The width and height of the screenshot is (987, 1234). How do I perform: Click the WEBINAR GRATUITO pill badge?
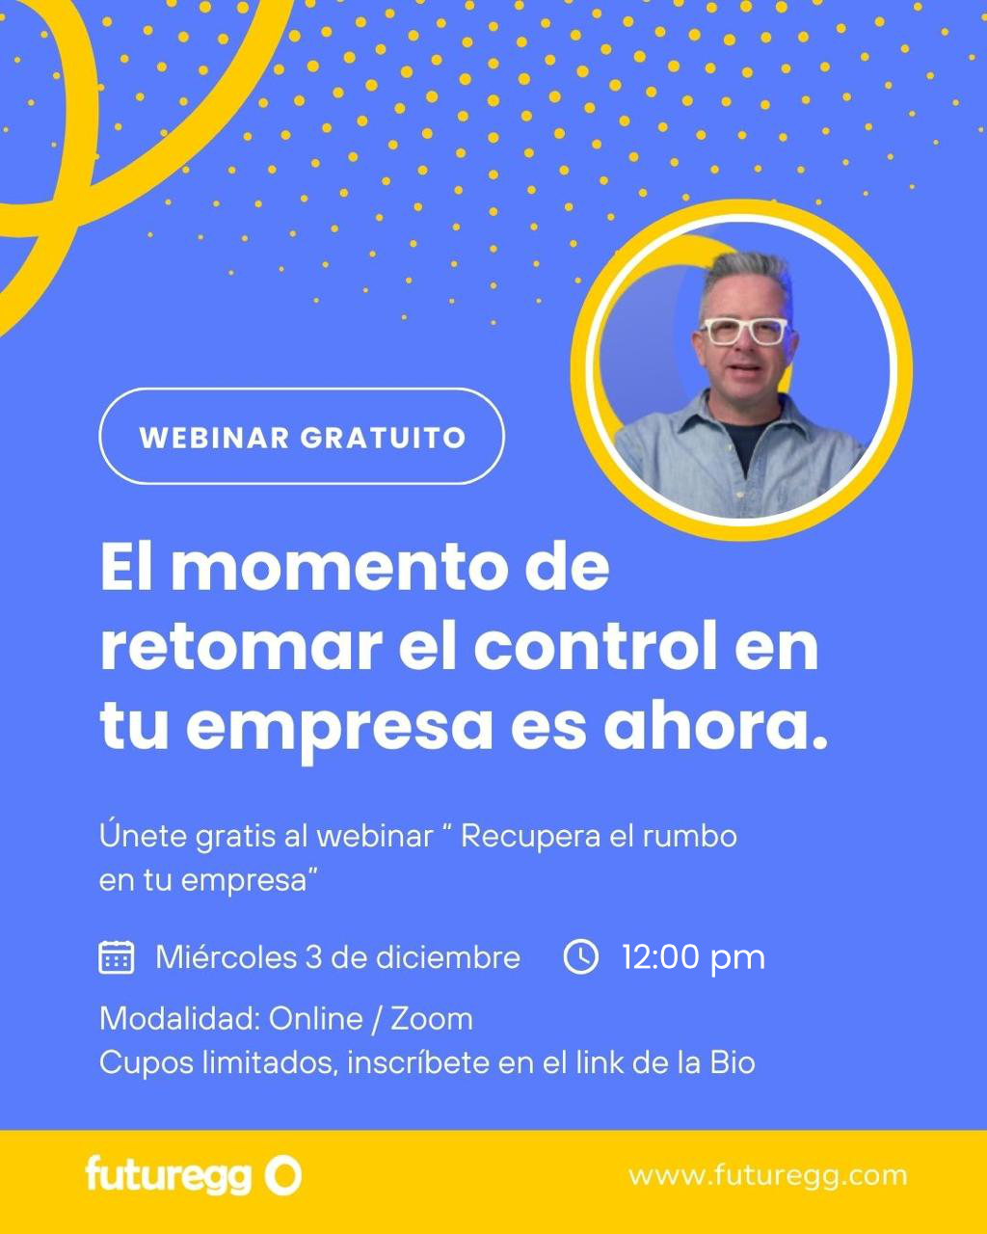coord(302,437)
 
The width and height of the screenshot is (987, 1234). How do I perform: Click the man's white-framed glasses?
coord(744,332)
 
